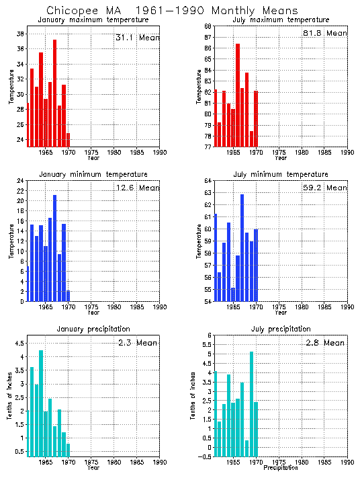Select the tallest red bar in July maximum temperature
coord(238,95)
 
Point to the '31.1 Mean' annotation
coord(138,38)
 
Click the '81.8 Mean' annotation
coord(326,33)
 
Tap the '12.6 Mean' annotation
coord(138,188)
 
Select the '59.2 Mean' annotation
coord(326,188)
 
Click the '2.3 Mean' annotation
coord(138,343)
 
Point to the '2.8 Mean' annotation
coord(326,343)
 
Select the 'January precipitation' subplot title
coord(93,329)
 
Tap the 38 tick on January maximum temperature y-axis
coord(21,34)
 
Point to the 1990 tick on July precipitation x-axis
coord(347,463)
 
